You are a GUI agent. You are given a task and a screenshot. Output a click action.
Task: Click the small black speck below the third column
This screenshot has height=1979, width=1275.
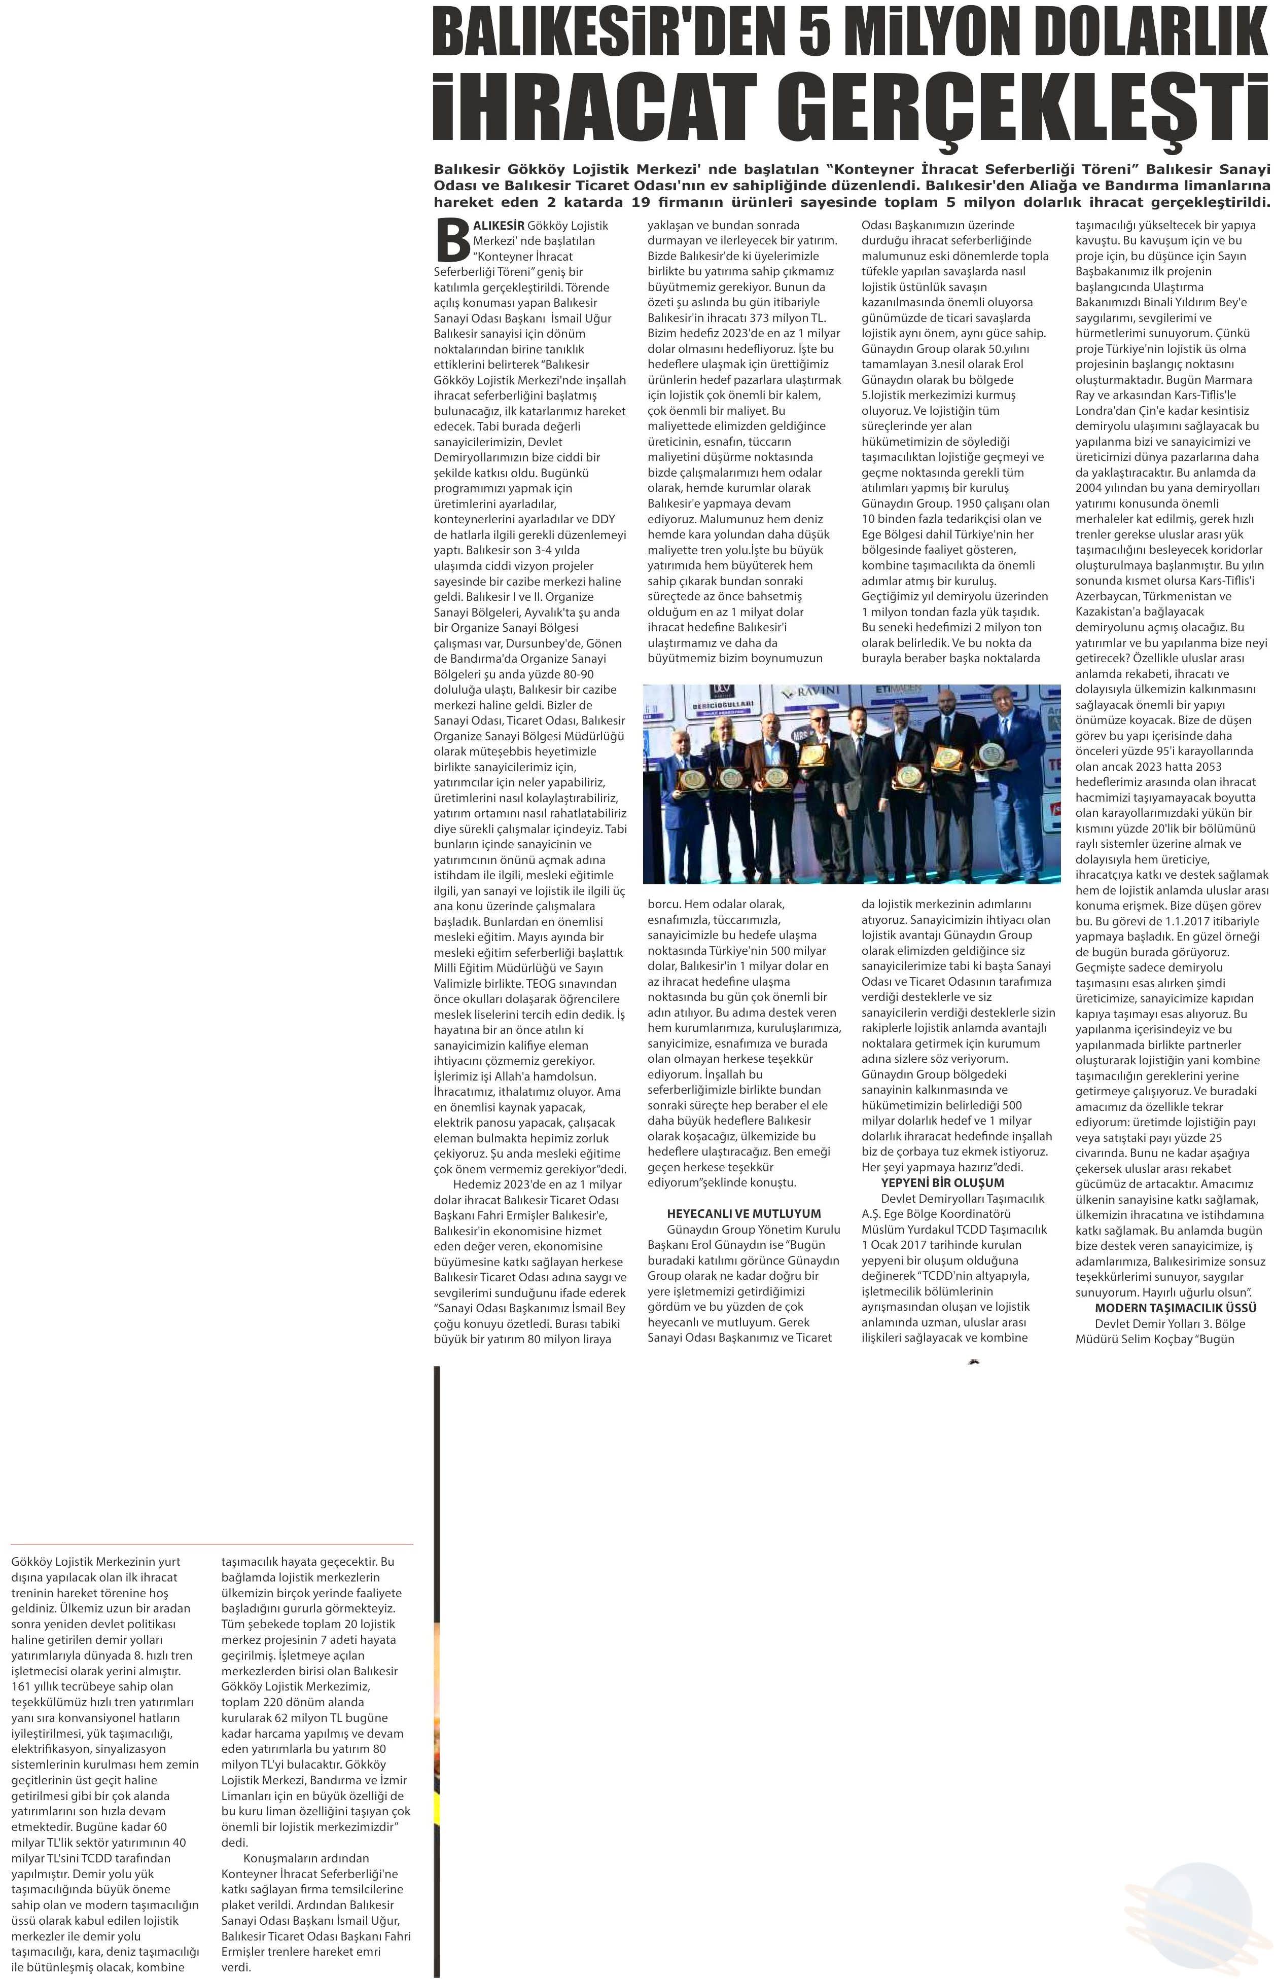[974, 1360]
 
